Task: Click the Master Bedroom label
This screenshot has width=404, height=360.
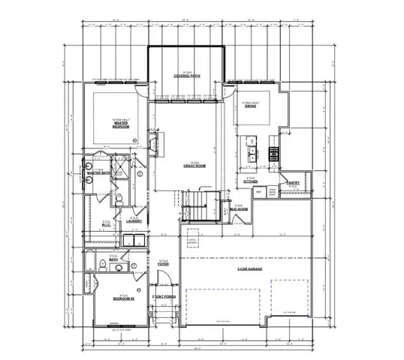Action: coord(121,125)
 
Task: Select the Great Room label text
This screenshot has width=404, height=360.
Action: coord(194,166)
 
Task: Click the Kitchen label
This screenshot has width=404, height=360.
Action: coord(252,181)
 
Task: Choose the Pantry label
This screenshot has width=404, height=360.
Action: coord(293,182)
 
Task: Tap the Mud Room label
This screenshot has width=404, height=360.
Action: coord(241,208)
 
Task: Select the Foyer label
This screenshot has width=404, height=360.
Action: coord(164,264)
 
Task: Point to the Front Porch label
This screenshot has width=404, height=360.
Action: coord(164,298)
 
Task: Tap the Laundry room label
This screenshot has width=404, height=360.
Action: coord(134,220)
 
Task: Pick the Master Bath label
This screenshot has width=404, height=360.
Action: coord(98,173)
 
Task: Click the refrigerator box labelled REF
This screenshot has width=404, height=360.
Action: coord(258,192)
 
